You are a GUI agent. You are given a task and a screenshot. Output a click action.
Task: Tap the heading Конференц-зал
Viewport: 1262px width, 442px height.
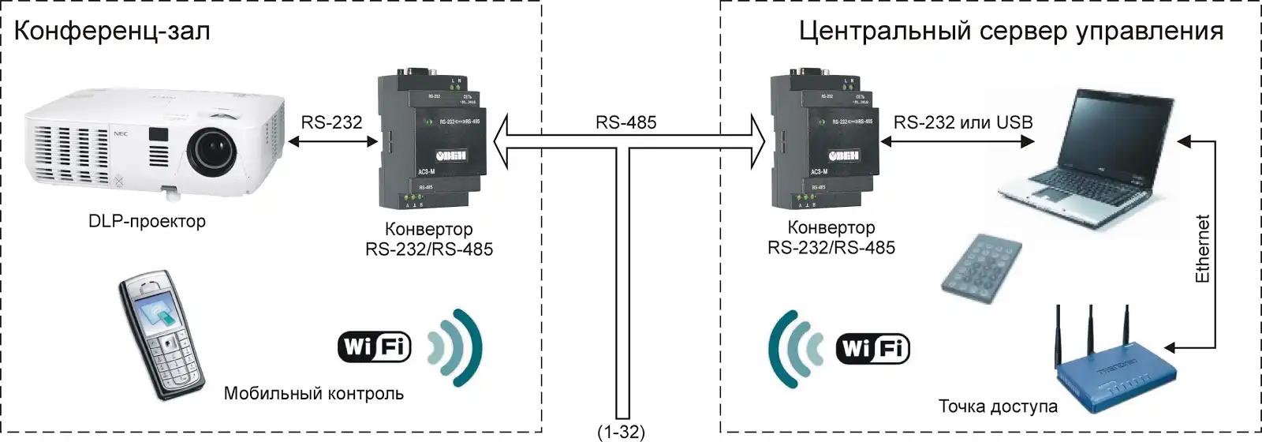(112, 32)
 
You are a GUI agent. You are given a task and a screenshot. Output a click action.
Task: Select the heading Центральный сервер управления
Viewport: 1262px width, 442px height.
(1010, 32)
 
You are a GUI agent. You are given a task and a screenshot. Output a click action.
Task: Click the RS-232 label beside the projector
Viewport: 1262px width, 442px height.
(331, 122)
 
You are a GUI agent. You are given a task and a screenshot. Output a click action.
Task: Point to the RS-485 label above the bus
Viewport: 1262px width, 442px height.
(625, 122)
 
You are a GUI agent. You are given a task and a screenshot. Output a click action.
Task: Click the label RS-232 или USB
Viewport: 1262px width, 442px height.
(962, 122)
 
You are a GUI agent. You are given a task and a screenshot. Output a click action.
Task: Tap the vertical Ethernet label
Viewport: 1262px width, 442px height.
(1202, 249)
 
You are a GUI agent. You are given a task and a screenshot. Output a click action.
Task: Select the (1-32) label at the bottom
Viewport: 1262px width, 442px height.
(621, 432)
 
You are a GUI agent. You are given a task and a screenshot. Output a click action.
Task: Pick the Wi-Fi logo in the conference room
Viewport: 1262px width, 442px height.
(375, 346)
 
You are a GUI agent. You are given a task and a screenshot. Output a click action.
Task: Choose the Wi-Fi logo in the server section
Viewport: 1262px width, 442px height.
(873, 348)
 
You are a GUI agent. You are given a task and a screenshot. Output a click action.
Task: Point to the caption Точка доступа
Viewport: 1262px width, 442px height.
(997, 406)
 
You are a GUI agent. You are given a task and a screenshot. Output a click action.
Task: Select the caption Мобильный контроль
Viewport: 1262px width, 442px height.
(313, 393)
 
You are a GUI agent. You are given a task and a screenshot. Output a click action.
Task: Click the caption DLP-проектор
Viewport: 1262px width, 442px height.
(147, 221)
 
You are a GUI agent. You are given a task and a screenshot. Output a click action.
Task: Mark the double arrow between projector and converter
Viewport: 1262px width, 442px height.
(332, 142)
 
